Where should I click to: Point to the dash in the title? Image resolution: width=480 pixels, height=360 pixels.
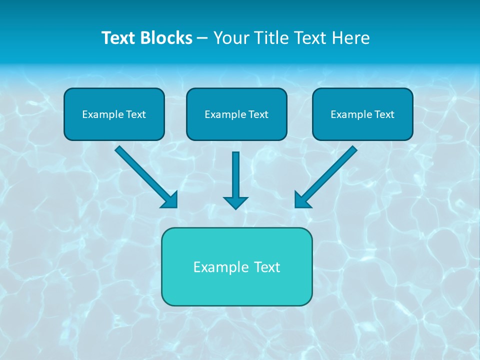(202, 38)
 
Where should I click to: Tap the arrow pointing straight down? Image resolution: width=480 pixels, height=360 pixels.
(235, 175)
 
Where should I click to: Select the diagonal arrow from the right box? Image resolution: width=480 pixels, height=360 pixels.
(330, 172)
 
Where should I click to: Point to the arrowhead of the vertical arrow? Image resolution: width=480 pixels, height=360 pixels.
(235, 202)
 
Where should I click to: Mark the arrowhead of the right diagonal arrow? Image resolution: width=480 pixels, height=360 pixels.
(301, 200)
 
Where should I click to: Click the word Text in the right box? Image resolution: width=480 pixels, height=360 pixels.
(384, 114)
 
